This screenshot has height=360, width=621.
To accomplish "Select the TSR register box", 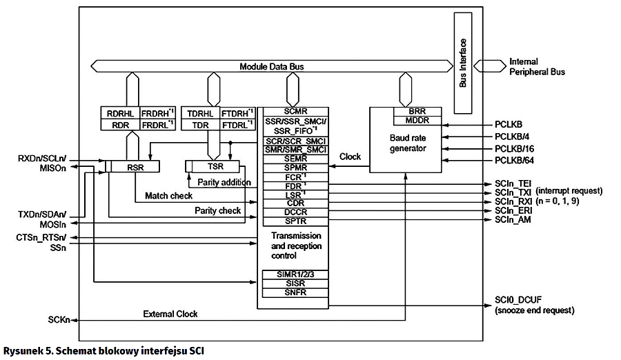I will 216,166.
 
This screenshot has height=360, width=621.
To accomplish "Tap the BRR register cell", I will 416,111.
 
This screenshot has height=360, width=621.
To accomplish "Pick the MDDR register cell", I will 416,120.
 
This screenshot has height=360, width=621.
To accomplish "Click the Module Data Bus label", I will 271,67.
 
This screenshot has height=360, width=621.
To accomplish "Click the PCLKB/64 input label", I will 515,161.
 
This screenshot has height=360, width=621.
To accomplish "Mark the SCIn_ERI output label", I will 512,210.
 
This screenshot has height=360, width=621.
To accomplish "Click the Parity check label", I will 217,210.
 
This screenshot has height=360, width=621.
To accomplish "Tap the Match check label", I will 168,196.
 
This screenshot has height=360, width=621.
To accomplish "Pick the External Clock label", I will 170,314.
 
